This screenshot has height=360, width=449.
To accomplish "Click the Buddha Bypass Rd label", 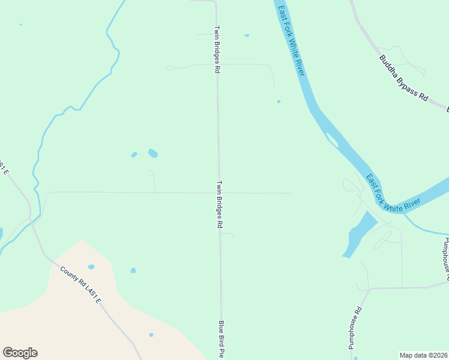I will click(x=403, y=78).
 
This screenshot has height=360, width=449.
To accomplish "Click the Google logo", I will click(x=20, y=353).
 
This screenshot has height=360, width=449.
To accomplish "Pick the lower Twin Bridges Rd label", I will click(x=220, y=205).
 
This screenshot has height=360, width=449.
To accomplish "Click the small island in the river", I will click(x=331, y=140).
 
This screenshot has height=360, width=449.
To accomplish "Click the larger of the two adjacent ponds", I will click(x=152, y=153).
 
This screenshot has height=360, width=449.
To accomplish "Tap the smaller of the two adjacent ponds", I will click(x=134, y=155).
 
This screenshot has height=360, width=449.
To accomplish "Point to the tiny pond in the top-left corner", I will click(x=20, y=25).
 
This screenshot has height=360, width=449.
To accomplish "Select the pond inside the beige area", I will click(x=151, y=335).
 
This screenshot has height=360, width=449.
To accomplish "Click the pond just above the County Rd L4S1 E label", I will click(x=91, y=266).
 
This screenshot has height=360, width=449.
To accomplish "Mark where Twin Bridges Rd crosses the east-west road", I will click(x=218, y=193).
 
